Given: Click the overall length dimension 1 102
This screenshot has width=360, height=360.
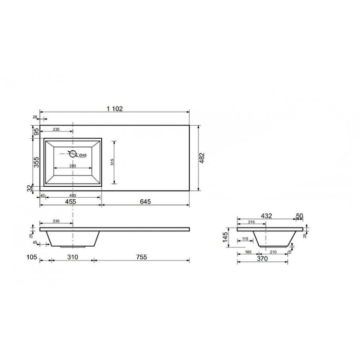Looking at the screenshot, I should (114, 109).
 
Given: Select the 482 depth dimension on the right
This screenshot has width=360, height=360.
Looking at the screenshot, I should (202, 158).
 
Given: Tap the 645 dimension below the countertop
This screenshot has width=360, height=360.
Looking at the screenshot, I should (146, 201).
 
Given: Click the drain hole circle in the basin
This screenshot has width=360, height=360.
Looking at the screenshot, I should (73, 153).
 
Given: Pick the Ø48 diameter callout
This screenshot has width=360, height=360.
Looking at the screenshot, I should (82, 155).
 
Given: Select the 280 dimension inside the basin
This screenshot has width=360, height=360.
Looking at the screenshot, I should (73, 166).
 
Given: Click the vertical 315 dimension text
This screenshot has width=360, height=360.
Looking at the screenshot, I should (112, 162).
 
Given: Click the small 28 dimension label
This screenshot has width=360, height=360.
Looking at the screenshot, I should (35, 117).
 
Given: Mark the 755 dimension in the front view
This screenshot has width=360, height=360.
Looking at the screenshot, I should (141, 257).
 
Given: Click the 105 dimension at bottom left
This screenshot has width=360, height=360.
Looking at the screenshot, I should (31, 257).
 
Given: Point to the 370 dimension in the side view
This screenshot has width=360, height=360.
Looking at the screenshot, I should (264, 259).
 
